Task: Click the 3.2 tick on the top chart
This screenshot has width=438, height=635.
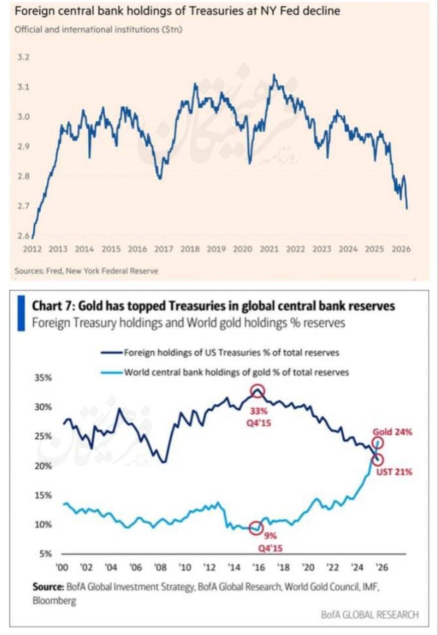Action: click(x=23, y=57)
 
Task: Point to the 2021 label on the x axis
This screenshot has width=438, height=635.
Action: click(x=269, y=249)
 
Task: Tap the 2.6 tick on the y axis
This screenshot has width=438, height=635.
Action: click(x=23, y=236)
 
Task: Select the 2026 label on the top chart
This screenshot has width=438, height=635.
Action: click(x=401, y=249)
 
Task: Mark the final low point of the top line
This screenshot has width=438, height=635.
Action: click(x=407, y=208)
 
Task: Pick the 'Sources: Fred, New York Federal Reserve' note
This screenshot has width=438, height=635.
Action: click(x=86, y=271)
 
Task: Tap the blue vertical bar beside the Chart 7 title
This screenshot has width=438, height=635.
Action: click(x=21, y=313)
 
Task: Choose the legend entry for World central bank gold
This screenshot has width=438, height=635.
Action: click(x=236, y=372)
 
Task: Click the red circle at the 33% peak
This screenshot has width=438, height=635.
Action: click(x=257, y=391)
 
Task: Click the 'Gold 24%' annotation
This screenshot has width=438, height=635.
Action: click(x=393, y=432)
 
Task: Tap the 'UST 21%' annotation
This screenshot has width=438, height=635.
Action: click(x=394, y=472)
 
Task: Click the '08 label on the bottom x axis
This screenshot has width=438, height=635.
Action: click(x=160, y=568)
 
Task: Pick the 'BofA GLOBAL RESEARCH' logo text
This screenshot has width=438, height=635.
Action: click(x=370, y=615)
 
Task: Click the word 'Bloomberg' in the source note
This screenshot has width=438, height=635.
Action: click(x=55, y=601)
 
